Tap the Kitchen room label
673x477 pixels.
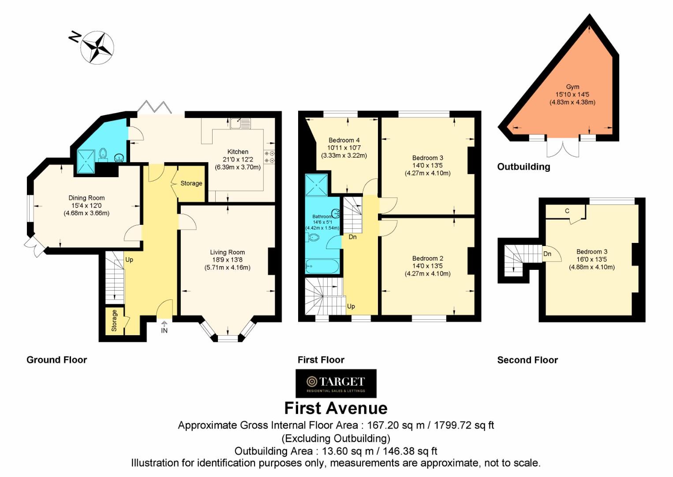(x=238, y=151)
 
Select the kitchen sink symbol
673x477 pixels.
(x=240, y=123)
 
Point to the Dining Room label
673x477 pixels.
(x=86, y=198)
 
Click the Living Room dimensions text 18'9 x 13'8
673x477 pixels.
(x=227, y=260)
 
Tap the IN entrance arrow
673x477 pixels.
(x=164, y=324)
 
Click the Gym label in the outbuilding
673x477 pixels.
(x=572, y=87)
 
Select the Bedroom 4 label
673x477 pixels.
(x=344, y=140)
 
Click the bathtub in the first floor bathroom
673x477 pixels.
(x=322, y=266)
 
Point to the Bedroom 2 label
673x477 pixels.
(x=427, y=258)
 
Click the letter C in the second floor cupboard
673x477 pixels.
(x=567, y=211)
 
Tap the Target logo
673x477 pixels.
(x=336, y=383)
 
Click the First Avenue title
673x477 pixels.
(x=336, y=409)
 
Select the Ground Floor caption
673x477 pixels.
(x=57, y=360)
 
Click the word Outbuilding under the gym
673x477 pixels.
(x=523, y=167)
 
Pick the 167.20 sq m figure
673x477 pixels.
(x=396, y=425)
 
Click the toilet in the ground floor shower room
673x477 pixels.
(x=103, y=154)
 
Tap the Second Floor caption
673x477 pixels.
(x=527, y=360)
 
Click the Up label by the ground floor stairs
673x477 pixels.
(x=129, y=260)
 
